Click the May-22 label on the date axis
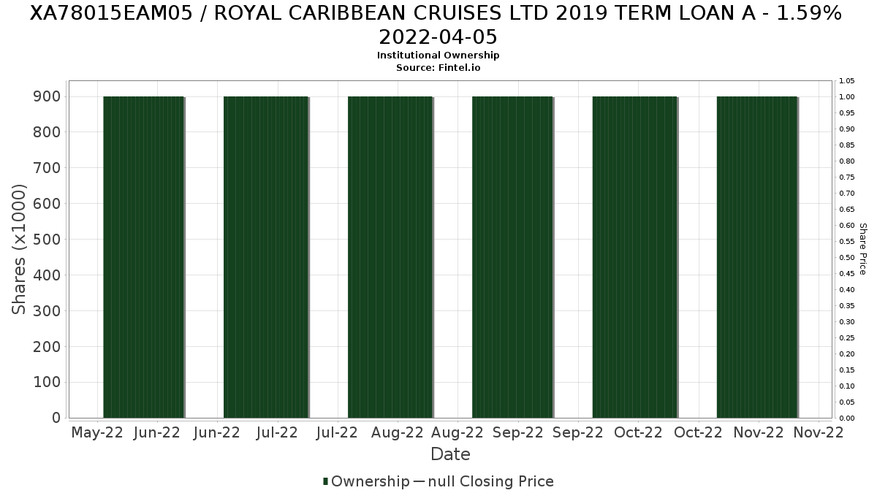pos(97,432)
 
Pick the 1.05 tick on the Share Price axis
pos(847,80)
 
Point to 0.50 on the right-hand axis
pos(847,257)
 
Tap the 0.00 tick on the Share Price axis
pos(847,418)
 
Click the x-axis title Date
pos(450,454)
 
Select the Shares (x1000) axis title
pos(20,249)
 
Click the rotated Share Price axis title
pos(863,249)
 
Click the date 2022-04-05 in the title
pos(438,37)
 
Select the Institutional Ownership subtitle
pos(438,56)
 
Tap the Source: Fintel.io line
pos(438,67)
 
